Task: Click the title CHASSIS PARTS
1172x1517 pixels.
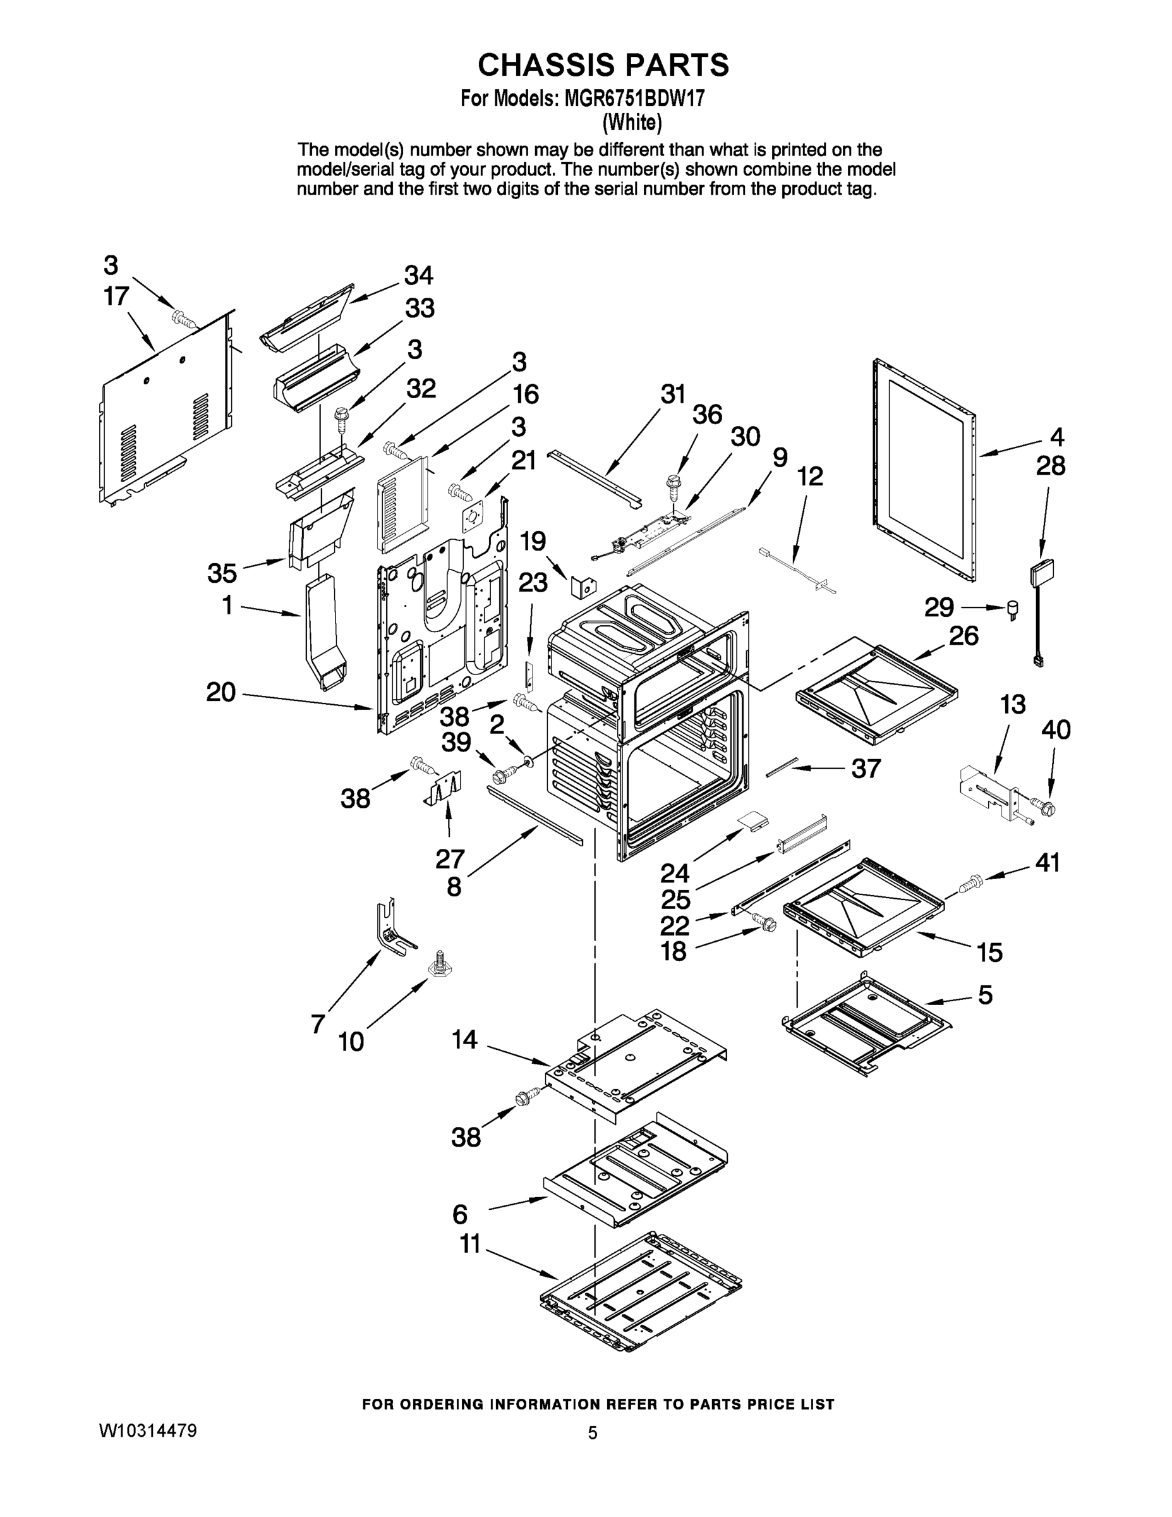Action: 603,64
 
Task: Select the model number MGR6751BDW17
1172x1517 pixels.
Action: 634,99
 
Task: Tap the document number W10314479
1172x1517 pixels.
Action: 148,1431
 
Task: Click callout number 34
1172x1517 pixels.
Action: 419,276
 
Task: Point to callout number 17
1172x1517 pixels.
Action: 116,296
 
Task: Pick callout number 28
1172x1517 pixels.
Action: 1051,466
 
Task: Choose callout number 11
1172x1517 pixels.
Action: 470,1244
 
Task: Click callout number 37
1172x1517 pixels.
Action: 865,768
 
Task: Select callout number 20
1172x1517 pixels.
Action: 221,692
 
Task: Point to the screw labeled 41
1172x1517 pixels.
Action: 969,886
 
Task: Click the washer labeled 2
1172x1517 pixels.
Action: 529,763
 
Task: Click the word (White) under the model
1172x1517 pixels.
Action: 632,123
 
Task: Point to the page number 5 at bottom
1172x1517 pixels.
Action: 592,1432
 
